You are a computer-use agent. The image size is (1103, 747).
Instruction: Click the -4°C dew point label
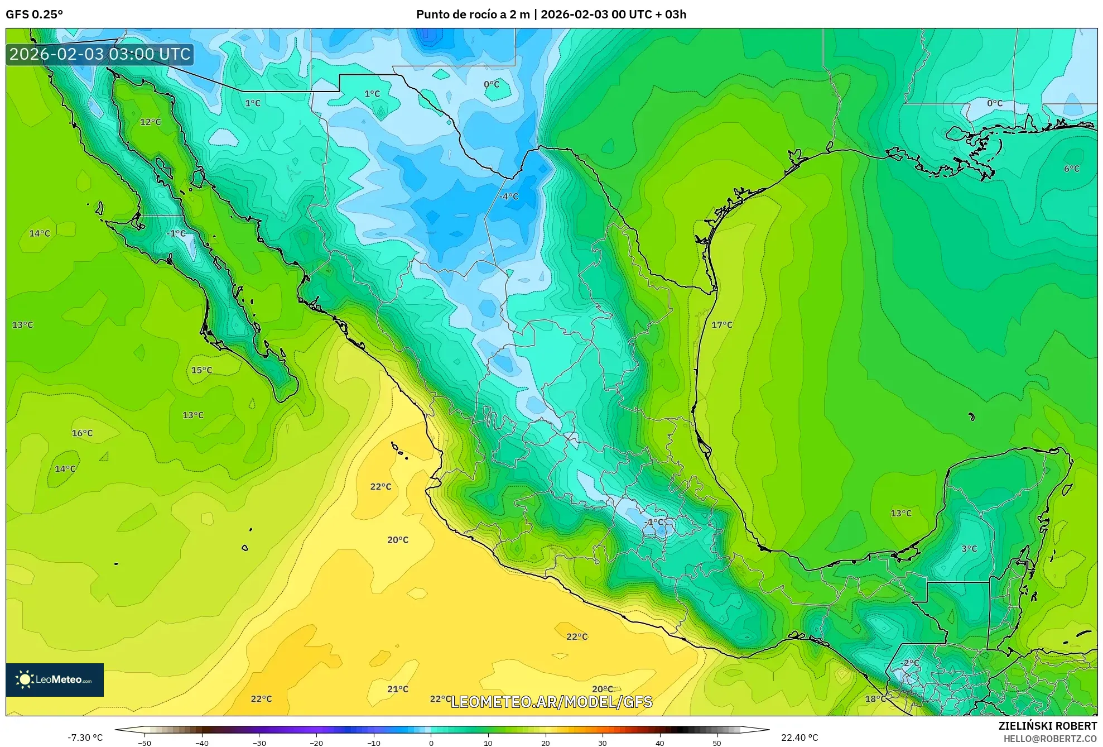click(509, 197)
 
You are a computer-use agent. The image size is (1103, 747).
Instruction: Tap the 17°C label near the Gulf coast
click(721, 325)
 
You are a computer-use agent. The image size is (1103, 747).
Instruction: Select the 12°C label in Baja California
click(150, 122)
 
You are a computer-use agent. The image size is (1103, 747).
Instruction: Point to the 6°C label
click(1071, 169)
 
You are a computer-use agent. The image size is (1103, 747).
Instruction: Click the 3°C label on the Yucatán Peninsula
click(969, 549)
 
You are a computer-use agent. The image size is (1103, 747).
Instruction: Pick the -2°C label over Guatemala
click(909, 663)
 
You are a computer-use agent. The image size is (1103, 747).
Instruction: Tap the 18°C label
click(875, 699)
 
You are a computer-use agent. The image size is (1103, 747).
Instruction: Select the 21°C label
click(398, 689)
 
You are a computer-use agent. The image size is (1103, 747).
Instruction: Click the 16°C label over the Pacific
click(82, 433)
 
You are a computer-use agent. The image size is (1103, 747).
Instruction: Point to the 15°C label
click(201, 370)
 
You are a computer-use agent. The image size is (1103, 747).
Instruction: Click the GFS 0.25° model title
click(34, 15)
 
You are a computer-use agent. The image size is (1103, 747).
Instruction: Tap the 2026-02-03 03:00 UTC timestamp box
click(100, 55)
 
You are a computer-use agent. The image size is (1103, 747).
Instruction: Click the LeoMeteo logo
click(55, 679)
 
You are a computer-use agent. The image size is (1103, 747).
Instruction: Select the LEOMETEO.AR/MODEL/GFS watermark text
click(551, 702)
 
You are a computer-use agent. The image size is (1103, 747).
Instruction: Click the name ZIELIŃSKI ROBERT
click(1047, 726)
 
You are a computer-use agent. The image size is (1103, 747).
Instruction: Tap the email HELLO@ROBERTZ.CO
click(1050, 739)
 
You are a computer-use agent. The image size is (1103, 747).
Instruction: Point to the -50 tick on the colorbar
click(145, 743)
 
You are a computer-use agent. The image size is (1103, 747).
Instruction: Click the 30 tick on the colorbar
click(603, 743)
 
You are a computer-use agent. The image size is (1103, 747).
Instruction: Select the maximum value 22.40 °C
click(799, 738)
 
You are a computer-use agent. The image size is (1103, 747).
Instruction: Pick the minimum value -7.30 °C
click(85, 738)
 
